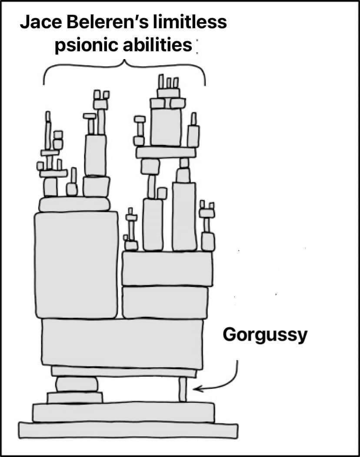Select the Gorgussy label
pyautogui.click(x=265, y=335)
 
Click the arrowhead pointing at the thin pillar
pyautogui.click(x=198, y=388)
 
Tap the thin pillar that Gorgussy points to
pyautogui.click(x=183, y=389)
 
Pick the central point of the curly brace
pyautogui.click(x=125, y=62)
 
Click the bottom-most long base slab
pyautogui.click(x=128, y=430)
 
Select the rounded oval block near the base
pyautogui.click(x=77, y=384)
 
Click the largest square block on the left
pyautogui.click(x=76, y=265)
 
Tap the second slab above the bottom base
pyautogui.click(x=123, y=412)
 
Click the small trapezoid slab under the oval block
pyautogui.click(x=75, y=397)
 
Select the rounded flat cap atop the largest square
pyautogui.click(x=74, y=204)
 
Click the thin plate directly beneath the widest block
pyautogui.click(x=124, y=372)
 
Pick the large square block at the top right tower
pyautogui.click(x=166, y=127)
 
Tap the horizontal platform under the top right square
pyautogui.click(x=166, y=152)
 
